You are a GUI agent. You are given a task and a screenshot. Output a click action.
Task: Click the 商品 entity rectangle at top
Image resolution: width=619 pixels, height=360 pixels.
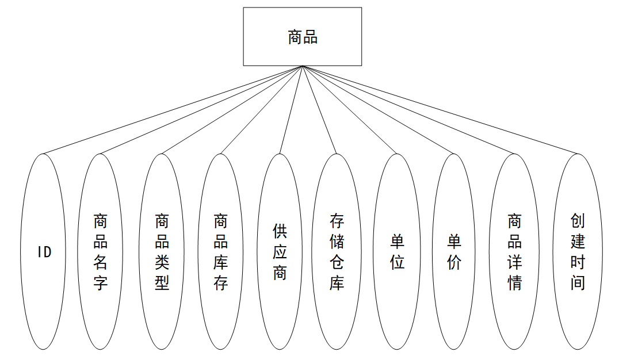click(302, 36)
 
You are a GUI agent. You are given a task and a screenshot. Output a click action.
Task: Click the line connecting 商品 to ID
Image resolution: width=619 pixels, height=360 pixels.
click(173, 110)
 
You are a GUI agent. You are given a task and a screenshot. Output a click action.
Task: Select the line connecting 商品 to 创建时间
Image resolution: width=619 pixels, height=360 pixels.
click(440, 110)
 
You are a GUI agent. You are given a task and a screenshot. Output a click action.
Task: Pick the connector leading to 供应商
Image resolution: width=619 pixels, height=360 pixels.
click(291, 110)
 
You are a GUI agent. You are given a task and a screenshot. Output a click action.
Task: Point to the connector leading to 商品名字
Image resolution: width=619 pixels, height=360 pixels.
click(201, 110)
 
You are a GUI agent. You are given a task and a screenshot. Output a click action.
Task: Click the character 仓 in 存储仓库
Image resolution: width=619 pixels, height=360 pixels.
click(337, 262)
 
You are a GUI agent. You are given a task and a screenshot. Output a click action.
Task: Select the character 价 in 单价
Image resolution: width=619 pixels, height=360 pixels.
click(454, 263)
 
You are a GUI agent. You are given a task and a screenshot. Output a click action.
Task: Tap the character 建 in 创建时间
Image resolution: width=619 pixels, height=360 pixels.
click(578, 242)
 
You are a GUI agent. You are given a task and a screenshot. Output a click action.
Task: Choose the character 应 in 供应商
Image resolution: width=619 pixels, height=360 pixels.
click(280, 252)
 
